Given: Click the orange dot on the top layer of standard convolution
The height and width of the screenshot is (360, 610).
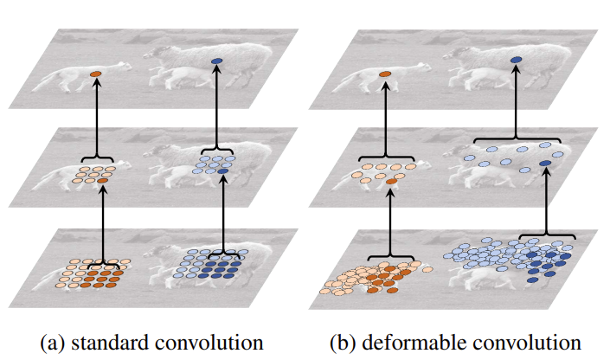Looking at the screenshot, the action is pos(96,74).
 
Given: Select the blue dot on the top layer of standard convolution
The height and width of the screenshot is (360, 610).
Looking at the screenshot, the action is pos(216,61).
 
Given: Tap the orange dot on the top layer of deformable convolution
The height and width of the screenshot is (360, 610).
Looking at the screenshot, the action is pos(385,74).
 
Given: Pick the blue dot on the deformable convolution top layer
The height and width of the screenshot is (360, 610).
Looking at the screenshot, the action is pos(517,60).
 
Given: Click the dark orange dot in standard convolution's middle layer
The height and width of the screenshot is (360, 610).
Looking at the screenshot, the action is pos(103,181).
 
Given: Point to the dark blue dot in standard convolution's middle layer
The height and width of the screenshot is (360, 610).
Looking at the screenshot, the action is pos(223,171).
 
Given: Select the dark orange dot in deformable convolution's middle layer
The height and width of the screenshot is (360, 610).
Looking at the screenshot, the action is pos(391,182).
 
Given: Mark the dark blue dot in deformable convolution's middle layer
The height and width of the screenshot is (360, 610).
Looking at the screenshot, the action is pos(545,163).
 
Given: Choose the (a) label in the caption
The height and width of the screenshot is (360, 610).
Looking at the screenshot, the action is pos(54,344).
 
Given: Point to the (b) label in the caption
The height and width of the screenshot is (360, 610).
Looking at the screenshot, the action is pos(344,344).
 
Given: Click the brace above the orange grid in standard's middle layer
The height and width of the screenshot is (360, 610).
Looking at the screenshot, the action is pos(97,157).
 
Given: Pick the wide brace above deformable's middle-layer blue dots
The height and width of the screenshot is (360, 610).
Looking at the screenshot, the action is pos(517,138).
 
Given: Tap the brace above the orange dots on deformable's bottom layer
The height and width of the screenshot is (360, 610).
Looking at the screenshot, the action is pos(391,257).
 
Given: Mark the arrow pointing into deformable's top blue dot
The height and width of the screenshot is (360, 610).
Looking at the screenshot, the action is pos(517,100).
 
